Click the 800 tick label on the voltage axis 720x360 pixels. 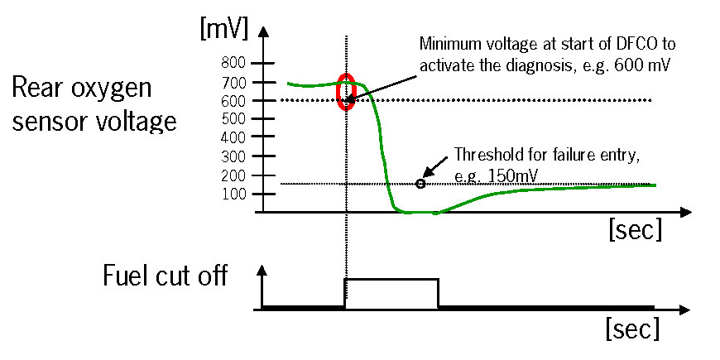pos(236,63)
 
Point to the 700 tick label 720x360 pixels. pos(236,82)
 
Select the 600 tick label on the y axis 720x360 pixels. pos(236,100)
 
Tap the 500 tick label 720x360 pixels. pos(236,118)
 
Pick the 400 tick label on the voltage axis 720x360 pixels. pos(236,137)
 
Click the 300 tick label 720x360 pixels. pos(236,156)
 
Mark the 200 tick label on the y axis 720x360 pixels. pos(236,175)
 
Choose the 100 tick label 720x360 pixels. pos(236,194)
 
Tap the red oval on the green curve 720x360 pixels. pos(347,91)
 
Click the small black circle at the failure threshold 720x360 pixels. pos(420,184)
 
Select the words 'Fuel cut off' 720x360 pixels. pos(165,275)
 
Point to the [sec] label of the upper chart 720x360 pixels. pos(635,229)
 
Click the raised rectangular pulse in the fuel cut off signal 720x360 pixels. pos(391,293)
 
